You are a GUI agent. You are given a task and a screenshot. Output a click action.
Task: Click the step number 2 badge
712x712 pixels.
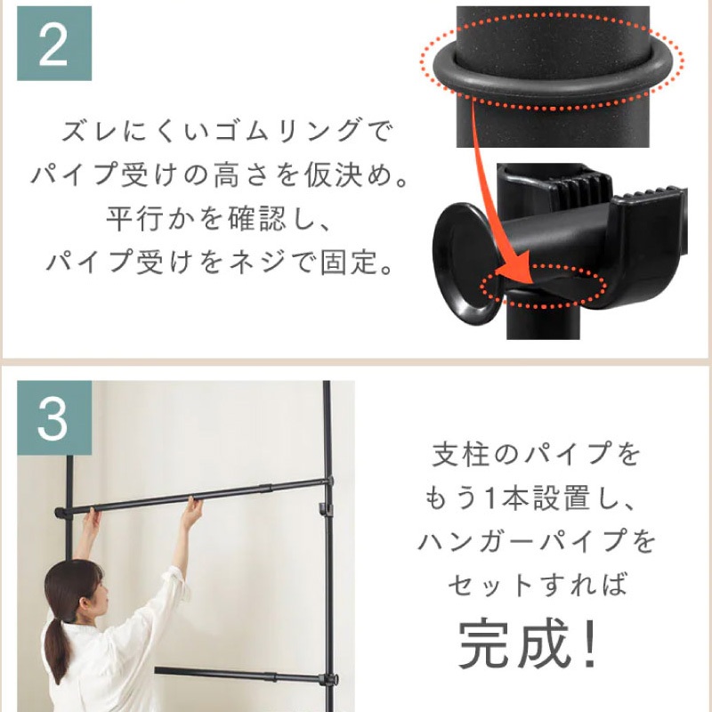54,44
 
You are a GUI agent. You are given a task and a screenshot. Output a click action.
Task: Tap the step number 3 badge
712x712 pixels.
54,417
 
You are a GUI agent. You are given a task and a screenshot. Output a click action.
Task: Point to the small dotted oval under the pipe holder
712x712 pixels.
543,287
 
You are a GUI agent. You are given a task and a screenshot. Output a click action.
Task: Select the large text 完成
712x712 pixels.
514,642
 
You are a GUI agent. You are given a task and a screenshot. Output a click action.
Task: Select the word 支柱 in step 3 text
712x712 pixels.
461,454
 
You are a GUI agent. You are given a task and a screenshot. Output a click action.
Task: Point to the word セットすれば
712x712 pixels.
538,584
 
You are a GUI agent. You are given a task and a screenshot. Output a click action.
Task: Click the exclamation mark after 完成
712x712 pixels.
589,642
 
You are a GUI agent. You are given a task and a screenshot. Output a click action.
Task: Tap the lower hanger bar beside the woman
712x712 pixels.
246,676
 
